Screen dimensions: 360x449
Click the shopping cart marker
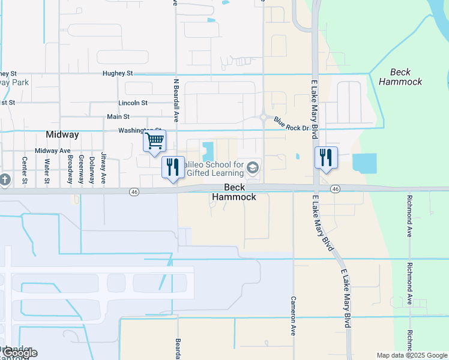[154, 142]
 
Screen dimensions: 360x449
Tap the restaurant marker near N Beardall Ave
[173, 166]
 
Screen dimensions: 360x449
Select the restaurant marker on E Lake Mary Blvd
[326, 158]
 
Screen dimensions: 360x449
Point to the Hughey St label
[117, 73]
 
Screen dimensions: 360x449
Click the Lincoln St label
[133, 103]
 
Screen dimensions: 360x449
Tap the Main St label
[118, 116]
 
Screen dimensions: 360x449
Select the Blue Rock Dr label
[291, 124]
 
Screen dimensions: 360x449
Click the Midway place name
[62, 134]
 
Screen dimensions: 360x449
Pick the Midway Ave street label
[53, 151]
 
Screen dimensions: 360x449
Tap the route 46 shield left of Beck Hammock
[134, 191]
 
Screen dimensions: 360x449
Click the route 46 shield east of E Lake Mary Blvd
[335, 189]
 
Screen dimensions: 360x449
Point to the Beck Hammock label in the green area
[400, 77]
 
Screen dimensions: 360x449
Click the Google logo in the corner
[19, 353]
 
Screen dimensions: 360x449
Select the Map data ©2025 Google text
[412, 355]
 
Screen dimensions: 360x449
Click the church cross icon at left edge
[4, 179]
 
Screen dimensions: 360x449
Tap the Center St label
[25, 170]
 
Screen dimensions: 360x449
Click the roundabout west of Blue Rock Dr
[264, 117]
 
